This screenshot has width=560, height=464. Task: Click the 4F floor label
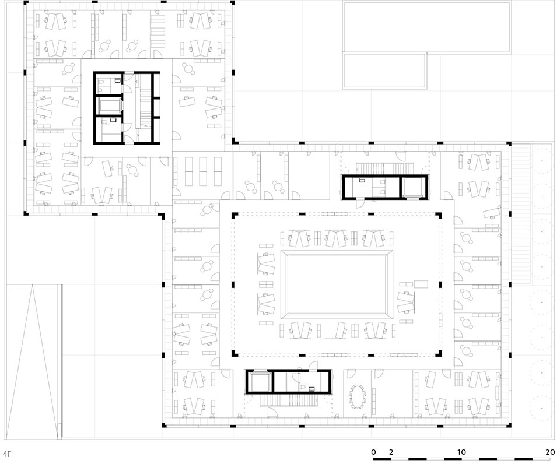(7, 454)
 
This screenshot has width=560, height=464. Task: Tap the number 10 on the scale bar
(461, 452)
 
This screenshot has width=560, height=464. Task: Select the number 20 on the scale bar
(550, 452)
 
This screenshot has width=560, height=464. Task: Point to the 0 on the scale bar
(373, 452)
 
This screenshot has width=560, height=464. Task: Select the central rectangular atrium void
(337, 284)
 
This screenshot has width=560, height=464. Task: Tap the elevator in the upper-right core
(414, 187)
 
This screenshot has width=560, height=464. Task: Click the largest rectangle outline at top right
(427, 26)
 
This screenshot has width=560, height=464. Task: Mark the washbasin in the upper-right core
(362, 180)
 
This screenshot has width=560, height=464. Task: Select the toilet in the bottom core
(301, 387)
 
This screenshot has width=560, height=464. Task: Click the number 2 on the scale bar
(391, 452)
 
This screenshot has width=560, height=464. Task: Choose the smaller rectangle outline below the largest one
(384, 71)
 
